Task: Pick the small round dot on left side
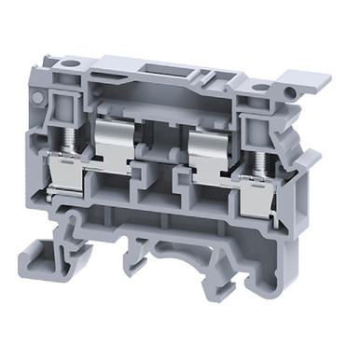(35, 96)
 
